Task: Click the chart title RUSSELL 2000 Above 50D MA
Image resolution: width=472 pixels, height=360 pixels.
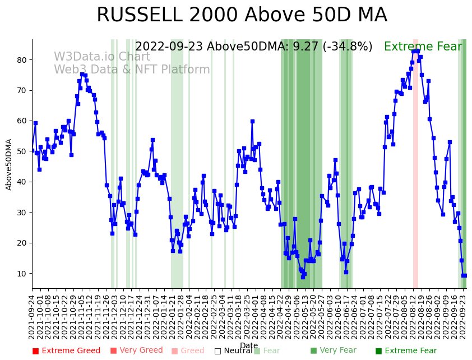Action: [242, 15]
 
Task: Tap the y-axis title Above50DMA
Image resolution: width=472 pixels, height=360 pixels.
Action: [9, 164]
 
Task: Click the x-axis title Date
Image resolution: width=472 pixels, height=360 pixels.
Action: [249, 345]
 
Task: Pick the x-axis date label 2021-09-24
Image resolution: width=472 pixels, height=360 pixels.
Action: [33, 317]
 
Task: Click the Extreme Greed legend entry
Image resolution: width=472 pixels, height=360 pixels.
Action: [66, 351]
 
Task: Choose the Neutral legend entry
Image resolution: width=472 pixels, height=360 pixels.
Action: [233, 351]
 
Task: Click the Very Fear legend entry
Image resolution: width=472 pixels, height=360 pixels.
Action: [333, 351]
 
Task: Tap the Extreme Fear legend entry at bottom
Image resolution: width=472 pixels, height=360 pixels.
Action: [406, 351]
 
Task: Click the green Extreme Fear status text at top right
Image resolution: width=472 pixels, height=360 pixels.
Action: [424, 47]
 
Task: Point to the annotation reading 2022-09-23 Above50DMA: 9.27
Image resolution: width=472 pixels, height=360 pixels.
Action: [253, 47]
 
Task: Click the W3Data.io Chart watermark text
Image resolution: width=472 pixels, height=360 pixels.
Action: [102, 57]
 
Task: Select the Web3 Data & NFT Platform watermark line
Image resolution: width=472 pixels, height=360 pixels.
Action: [132, 70]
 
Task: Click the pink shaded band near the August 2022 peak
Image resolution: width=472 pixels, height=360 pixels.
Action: [415, 163]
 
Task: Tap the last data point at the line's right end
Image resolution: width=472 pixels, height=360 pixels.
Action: [464, 275]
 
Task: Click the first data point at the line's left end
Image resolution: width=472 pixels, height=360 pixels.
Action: [33, 151]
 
